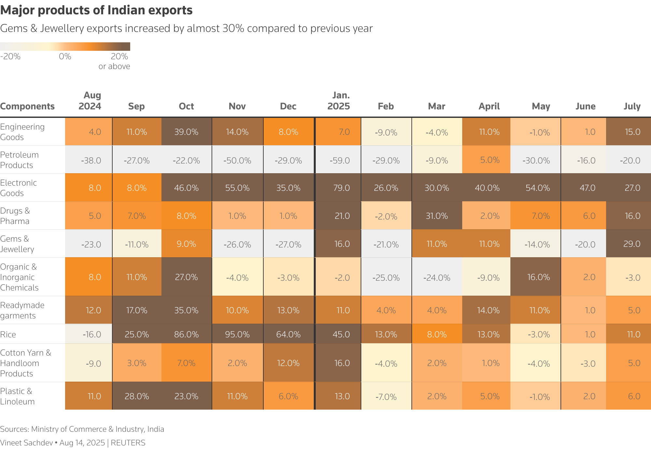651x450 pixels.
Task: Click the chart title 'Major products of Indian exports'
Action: pyautogui.click(x=96, y=10)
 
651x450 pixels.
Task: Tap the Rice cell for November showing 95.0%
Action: pyautogui.click(x=237, y=334)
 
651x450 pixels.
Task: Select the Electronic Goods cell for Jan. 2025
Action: pyautogui.click(x=341, y=188)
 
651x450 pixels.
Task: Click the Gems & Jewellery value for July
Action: pyautogui.click(x=631, y=244)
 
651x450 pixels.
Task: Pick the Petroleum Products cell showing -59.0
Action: pyautogui.click(x=339, y=161)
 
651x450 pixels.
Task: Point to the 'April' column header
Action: pyautogui.click(x=489, y=106)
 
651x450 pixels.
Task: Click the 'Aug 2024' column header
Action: pyautogui.click(x=90, y=101)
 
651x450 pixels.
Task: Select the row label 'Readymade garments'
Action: pyautogui.click(x=22, y=310)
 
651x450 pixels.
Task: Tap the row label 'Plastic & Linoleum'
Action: pyautogui.click(x=17, y=396)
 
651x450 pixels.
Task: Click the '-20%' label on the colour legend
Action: pyautogui.click(x=10, y=56)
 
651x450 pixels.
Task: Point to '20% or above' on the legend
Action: pyautogui.click(x=115, y=61)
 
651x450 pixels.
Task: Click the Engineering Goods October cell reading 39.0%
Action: pyautogui.click(x=187, y=132)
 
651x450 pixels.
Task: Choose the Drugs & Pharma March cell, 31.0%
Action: pyautogui.click(x=436, y=216)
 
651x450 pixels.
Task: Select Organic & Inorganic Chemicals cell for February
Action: pyautogui.click(x=386, y=278)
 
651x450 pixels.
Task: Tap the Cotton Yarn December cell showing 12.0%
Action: pyautogui.click(x=288, y=363)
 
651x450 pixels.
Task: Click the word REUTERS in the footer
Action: pyautogui.click(x=128, y=443)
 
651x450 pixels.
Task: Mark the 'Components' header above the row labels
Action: pyautogui.click(x=27, y=106)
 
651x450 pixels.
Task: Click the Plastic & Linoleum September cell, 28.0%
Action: pyautogui.click(x=137, y=396)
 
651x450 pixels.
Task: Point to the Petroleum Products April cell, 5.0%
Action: pyautogui.click(x=490, y=160)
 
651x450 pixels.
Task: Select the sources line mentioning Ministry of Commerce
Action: pyautogui.click(x=82, y=429)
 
